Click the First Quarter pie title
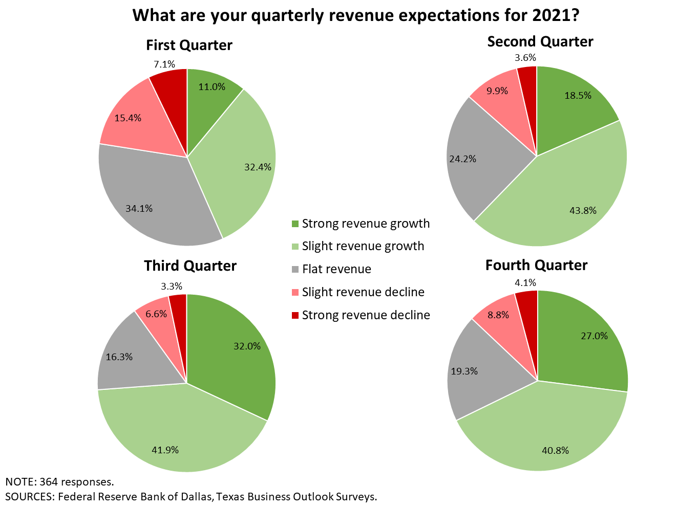click(189, 45)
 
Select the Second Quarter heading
click(540, 41)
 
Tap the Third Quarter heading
click(190, 266)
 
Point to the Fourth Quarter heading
click(536, 265)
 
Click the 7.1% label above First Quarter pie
click(164, 64)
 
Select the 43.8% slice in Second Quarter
click(563, 200)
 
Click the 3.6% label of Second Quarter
click(525, 57)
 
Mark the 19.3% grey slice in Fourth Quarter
click(471, 373)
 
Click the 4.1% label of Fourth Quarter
click(525, 282)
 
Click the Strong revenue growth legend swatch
click(294, 224)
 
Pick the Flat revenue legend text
click(336, 269)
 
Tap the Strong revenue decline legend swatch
click(294, 315)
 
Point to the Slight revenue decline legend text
click(363, 292)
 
